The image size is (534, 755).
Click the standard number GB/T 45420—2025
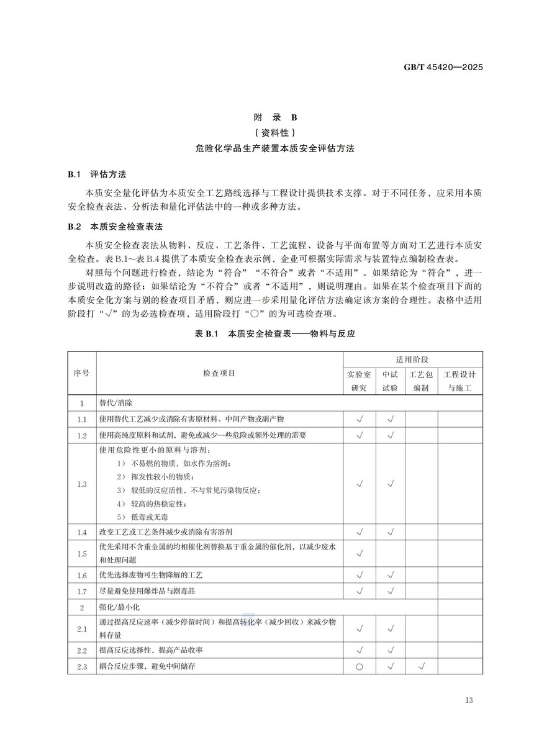click(444, 68)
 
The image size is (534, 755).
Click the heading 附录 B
click(268, 117)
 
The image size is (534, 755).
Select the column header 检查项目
click(219, 373)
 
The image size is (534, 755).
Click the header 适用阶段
click(412, 359)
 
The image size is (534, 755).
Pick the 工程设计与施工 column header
click(459, 381)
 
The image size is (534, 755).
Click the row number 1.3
click(82, 484)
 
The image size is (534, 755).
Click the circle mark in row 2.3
click(359, 667)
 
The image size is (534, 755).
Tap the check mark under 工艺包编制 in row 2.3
click(422, 667)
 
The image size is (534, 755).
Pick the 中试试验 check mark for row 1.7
click(391, 592)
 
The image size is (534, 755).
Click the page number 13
click(468, 700)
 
